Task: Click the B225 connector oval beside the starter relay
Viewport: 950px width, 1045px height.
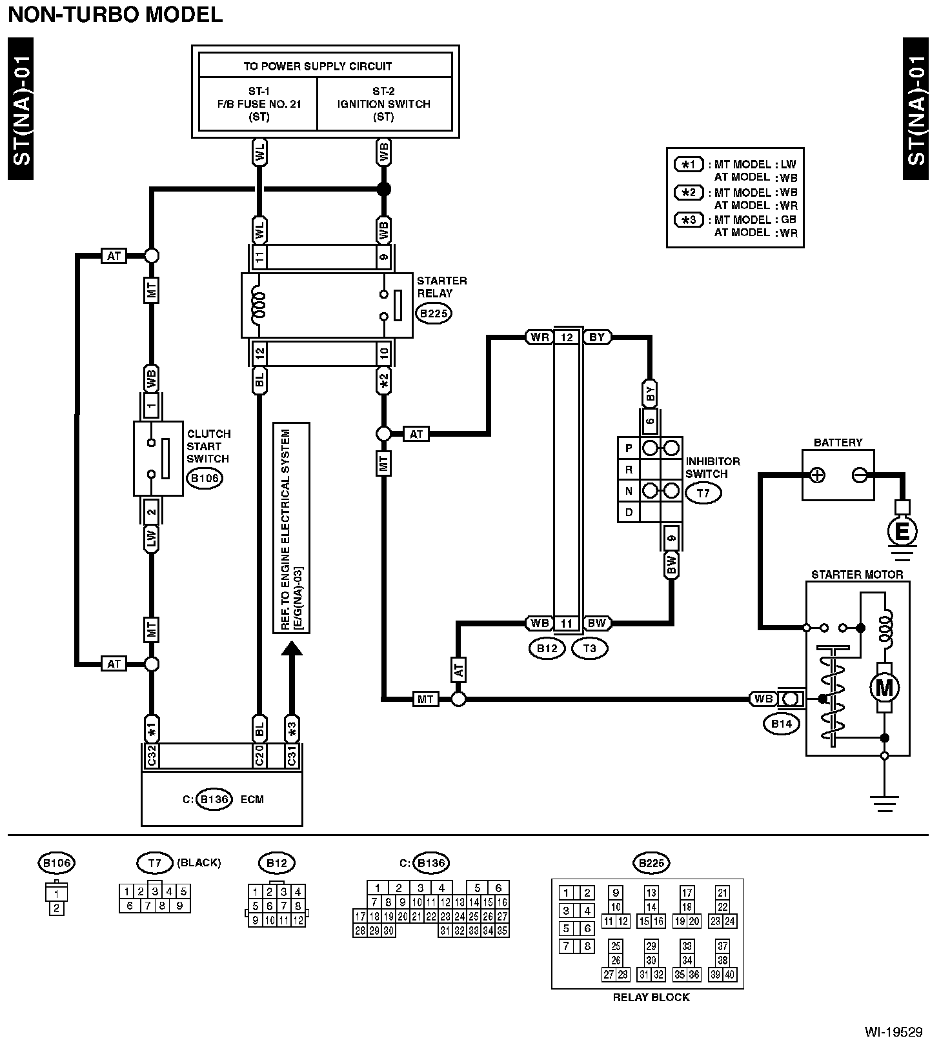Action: point(433,314)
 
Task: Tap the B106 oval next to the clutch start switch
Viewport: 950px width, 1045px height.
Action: point(204,479)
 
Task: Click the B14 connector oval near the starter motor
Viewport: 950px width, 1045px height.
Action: point(782,724)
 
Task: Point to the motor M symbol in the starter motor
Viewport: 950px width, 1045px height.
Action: point(884,688)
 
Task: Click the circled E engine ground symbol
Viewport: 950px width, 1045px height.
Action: point(902,532)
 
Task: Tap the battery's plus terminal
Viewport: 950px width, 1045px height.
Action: point(817,475)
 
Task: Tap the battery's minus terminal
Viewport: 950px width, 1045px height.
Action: point(859,475)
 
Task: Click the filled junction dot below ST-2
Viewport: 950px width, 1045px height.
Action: point(384,189)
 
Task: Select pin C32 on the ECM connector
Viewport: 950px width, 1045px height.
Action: point(152,756)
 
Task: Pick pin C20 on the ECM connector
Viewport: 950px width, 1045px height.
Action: point(259,756)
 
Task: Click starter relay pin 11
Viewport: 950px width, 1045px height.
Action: point(259,257)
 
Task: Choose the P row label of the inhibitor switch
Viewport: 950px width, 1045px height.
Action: point(629,448)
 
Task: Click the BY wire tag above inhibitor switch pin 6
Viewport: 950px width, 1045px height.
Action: point(650,393)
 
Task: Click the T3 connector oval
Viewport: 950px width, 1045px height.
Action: point(590,648)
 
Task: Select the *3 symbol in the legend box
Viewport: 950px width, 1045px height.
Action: point(689,220)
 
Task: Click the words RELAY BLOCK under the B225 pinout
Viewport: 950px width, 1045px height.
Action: point(651,997)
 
